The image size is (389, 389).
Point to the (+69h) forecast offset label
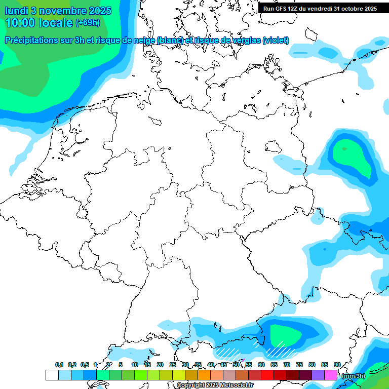[x=87, y=23]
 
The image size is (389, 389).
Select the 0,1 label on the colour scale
[x=59, y=365]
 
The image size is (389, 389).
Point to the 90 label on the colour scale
[x=337, y=365]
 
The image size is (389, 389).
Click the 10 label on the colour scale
[x=134, y=365]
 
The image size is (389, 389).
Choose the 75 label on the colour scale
[x=299, y=365]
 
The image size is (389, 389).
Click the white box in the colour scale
[x=52, y=375]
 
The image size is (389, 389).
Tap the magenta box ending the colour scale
[x=330, y=375]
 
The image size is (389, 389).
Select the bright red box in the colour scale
[x=267, y=375]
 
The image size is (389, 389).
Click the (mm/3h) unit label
[x=353, y=376]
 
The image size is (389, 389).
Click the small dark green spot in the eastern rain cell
[x=344, y=149]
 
